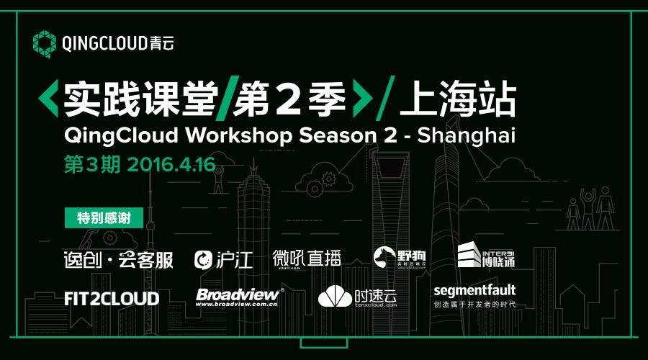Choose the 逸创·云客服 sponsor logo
(119, 259)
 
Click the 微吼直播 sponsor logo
(307, 258)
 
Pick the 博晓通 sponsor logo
(487, 255)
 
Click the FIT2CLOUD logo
(112, 297)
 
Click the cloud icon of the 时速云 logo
(335, 296)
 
